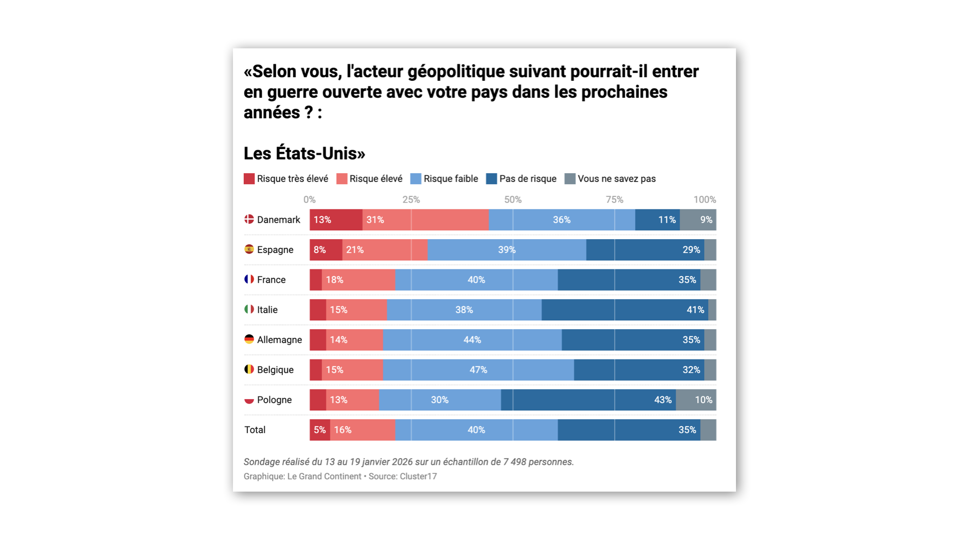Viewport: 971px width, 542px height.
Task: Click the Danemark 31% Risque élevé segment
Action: click(425, 220)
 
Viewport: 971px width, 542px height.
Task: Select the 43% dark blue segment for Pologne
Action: click(588, 400)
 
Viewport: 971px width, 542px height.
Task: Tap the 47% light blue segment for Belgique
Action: click(478, 370)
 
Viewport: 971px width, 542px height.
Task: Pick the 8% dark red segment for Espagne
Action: click(326, 250)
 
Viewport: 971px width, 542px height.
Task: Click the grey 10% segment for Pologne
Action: click(696, 400)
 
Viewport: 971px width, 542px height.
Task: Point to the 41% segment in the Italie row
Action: click(625, 310)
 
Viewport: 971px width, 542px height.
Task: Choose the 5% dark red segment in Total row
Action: click(319, 430)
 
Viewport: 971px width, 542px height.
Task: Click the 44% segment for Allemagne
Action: click(472, 340)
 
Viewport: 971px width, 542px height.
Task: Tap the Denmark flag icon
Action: click(249, 220)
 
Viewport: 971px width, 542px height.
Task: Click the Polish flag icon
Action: click(249, 400)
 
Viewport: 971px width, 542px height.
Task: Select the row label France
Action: click(271, 280)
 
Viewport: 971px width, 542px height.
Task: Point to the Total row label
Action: click(255, 430)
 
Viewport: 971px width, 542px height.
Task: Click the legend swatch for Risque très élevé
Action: click(249, 179)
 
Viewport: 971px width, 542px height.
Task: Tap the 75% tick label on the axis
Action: click(614, 200)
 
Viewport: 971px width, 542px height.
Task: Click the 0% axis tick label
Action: click(309, 200)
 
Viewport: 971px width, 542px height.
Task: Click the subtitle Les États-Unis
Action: click(304, 153)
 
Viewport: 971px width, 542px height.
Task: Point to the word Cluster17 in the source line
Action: click(418, 476)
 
